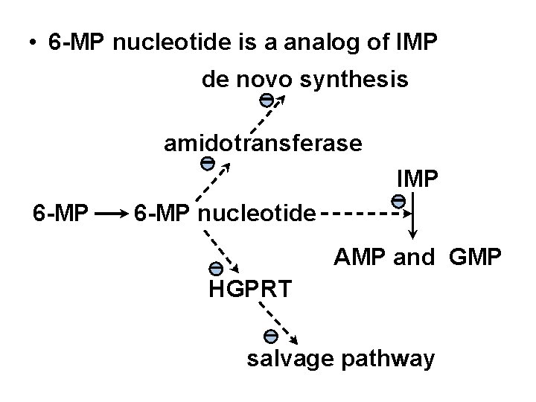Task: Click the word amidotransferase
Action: (x=263, y=143)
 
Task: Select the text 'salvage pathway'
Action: (x=341, y=358)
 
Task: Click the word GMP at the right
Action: (x=476, y=258)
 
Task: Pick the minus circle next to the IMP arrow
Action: (x=398, y=200)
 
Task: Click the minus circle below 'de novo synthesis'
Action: (x=265, y=100)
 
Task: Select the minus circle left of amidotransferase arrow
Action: (x=208, y=163)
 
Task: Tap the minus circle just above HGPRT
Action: (x=214, y=268)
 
